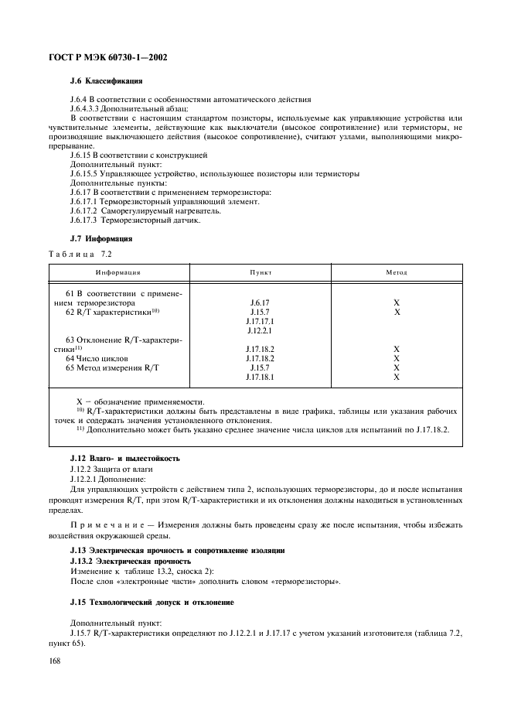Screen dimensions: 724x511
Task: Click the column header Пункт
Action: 260,272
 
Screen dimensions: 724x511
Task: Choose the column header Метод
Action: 397,272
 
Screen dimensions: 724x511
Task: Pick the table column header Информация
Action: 118,272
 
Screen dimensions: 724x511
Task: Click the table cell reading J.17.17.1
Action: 260,320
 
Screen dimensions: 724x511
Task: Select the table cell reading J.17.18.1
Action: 260,377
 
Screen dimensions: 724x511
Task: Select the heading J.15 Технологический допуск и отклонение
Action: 152,601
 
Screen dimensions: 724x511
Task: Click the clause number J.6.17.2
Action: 87,211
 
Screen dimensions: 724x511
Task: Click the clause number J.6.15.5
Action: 87,174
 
